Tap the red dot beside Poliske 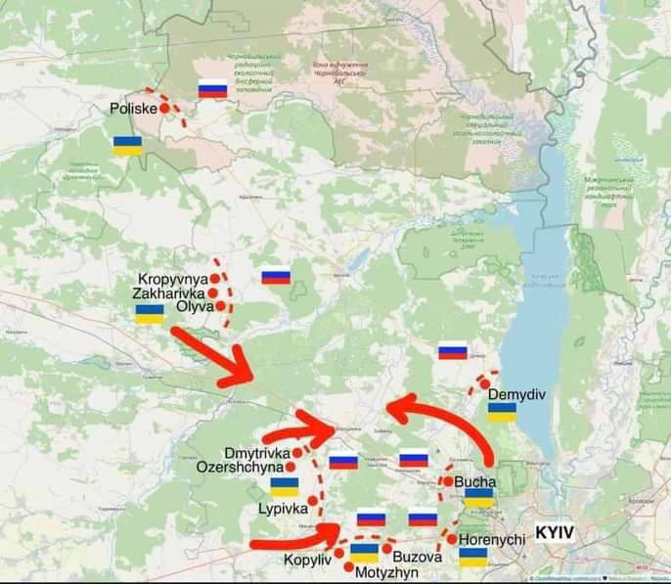tap(164, 109)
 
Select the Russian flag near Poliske tap(212, 89)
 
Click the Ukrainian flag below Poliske tap(127, 146)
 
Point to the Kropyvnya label tap(173, 279)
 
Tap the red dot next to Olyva tap(223, 306)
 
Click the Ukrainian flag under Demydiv tap(502, 412)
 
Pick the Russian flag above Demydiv tap(452, 351)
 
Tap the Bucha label tap(475, 481)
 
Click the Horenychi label tap(492, 539)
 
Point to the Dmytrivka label tap(257, 453)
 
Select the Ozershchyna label tap(240, 468)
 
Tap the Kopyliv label tap(308, 560)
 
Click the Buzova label tap(418, 556)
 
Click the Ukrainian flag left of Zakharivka tap(150, 314)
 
